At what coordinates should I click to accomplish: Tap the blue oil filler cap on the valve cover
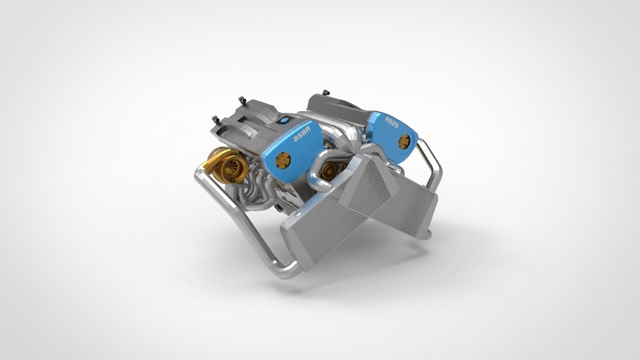pyautogui.click(x=286, y=121)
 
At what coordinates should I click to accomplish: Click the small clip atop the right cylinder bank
pyautogui.click(x=326, y=92)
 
